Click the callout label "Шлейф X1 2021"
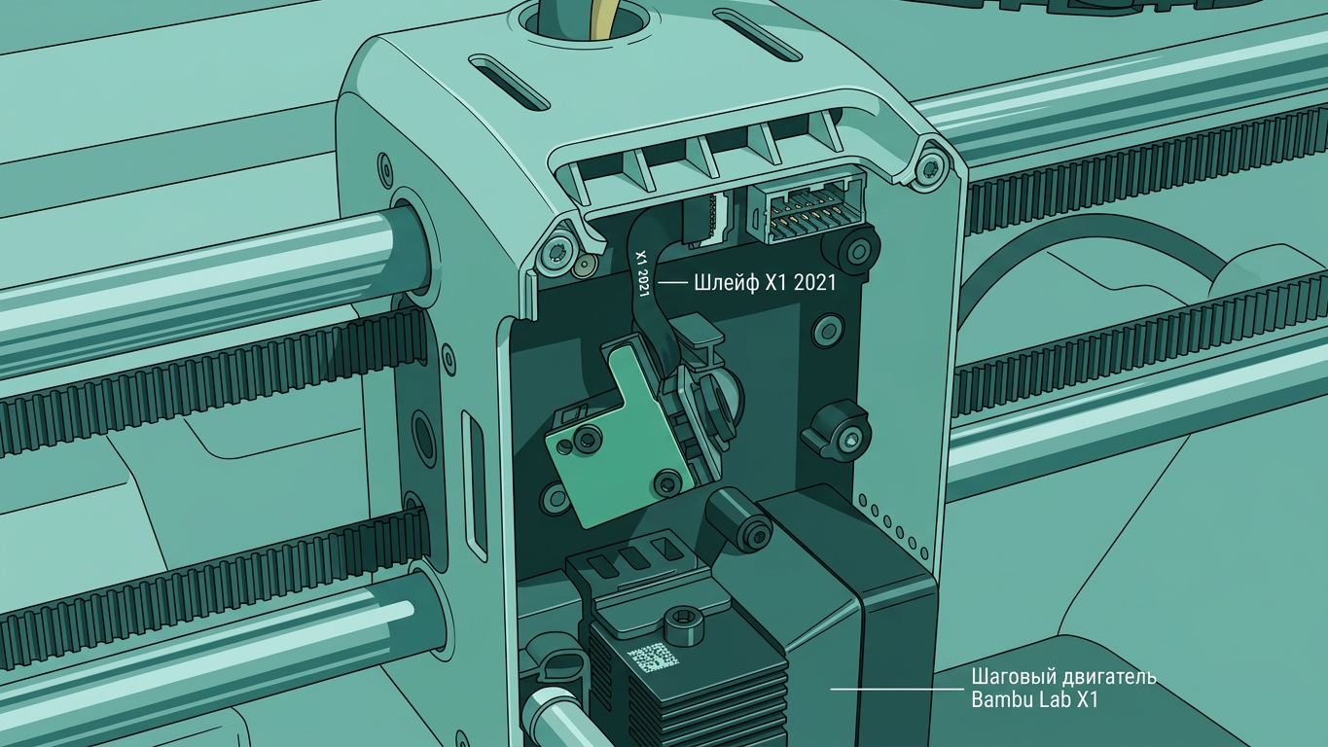pyautogui.click(x=765, y=283)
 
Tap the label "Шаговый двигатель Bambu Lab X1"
pyautogui.click(x=1063, y=689)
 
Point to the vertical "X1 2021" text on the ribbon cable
pyautogui.click(x=643, y=273)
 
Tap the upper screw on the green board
pyautogui.click(x=588, y=440)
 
